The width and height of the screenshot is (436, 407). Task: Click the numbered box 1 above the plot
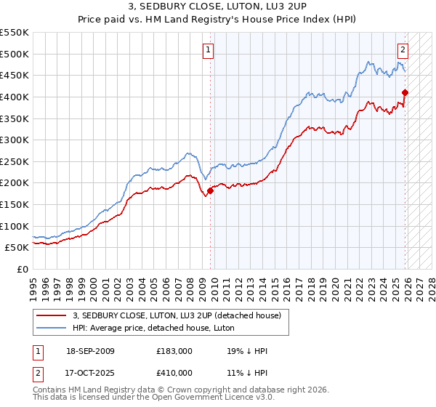click(208, 50)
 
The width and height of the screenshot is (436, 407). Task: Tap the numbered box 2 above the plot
click(403, 50)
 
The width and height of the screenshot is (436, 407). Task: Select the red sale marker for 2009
click(210, 190)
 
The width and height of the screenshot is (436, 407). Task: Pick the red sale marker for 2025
click(405, 92)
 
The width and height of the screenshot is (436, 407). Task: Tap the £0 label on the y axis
click(23, 269)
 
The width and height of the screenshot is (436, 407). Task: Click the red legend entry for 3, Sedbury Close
click(181, 315)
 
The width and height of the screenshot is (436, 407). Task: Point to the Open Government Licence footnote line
click(153, 399)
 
